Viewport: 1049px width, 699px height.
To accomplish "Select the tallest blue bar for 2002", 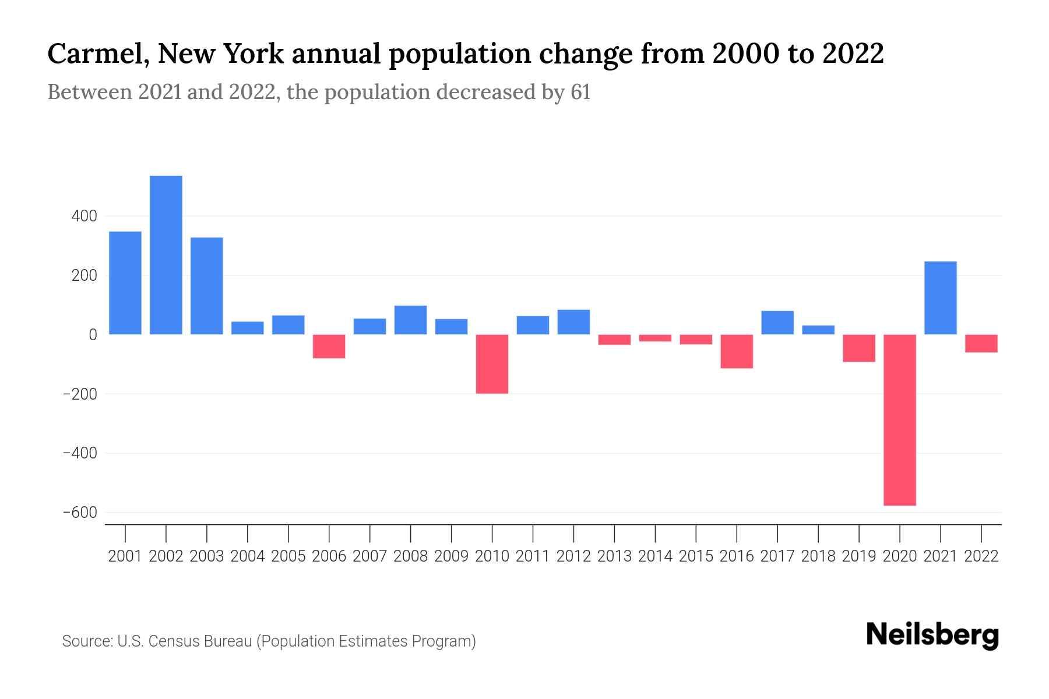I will [166, 255].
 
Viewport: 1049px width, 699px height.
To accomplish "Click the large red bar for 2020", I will [900, 419].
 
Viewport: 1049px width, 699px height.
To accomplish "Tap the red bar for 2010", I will [492, 364].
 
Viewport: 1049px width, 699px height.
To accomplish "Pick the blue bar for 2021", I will [941, 298].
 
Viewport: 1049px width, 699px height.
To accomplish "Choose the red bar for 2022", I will [981, 344].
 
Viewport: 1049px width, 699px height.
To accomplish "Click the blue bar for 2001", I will [125, 283].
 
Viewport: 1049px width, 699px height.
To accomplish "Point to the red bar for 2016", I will [737, 351].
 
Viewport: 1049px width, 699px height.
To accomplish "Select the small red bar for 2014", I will [655, 338].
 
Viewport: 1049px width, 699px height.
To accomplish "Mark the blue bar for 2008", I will [411, 320].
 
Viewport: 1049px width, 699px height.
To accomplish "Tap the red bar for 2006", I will [329, 347].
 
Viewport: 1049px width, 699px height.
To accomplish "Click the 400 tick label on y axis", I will [85, 216].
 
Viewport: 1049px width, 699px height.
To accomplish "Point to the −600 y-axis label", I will [80, 513].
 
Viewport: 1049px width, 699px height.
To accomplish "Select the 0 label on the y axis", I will [93, 335].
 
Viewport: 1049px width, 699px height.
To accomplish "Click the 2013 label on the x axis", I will [614, 556].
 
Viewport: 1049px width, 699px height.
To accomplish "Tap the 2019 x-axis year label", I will [859, 556].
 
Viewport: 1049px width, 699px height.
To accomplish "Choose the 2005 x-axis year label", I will [288, 556].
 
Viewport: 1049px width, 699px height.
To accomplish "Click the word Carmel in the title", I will [96, 54].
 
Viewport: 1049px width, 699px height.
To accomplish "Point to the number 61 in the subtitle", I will [580, 92].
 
